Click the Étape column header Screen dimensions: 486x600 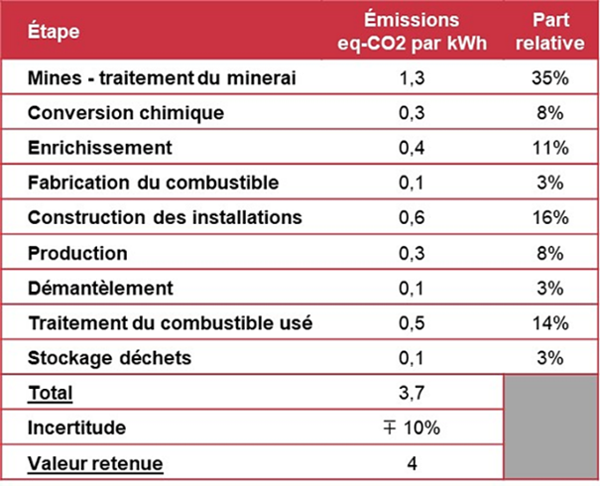54,32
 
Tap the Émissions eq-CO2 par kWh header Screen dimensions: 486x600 411,32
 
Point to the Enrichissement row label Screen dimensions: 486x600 100,148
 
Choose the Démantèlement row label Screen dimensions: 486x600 101,288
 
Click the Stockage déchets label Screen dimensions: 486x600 109,357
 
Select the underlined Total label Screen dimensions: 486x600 51,393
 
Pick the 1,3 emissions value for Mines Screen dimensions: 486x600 411,77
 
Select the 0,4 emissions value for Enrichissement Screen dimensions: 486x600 411,148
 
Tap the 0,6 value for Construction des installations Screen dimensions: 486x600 411,217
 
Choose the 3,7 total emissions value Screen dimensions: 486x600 411,393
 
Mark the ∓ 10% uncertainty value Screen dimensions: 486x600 411,427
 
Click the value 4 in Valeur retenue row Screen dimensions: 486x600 411,462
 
